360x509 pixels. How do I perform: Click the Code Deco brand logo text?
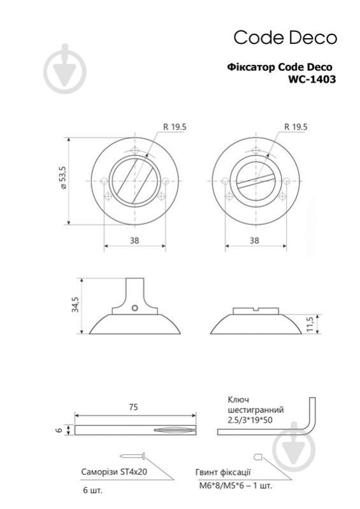tap(284, 38)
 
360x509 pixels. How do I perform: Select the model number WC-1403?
tap(312, 80)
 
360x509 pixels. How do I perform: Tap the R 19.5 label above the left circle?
tap(174, 127)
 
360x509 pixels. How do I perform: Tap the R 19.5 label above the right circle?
tap(295, 127)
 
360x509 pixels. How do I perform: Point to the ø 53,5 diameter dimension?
tap(62, 182)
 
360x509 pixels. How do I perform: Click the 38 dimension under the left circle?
tap(134, 241)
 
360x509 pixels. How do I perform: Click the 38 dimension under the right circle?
tap(254, 241)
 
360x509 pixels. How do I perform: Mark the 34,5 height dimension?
tap(75, 305)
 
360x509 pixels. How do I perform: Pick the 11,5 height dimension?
tap(310, 324)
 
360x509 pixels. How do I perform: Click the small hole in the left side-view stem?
tap(135, 308)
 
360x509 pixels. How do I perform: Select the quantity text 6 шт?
tap(92, 490)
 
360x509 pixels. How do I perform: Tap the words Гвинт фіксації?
tap(223, 472)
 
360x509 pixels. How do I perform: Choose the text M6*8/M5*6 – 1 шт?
tap(234, 485)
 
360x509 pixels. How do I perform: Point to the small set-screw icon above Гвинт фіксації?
tap(257, 456)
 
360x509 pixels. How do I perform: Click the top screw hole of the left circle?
tap(134, 152)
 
